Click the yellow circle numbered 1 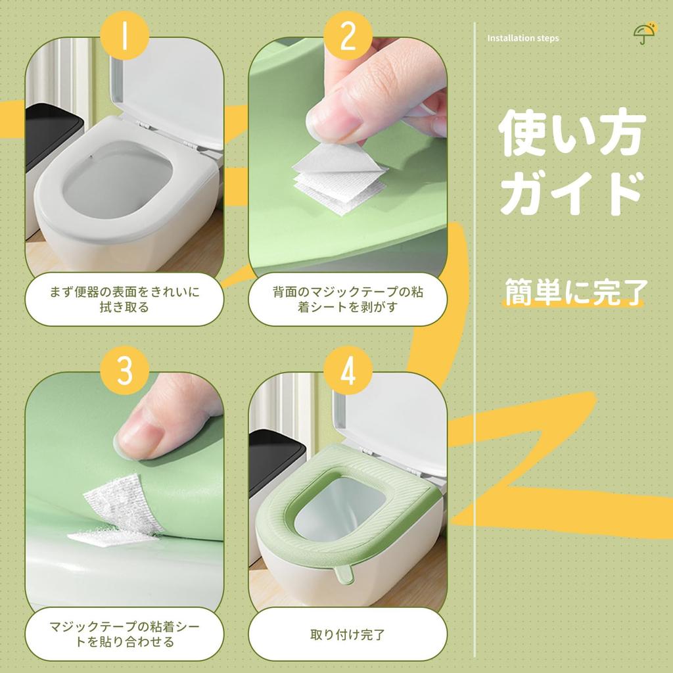[124, 35]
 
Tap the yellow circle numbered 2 [348, 35]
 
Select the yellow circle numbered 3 [124, 371]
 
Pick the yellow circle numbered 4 [348, 371]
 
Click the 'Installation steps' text [522, 38]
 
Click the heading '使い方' [572, 133]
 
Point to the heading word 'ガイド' [572, 193]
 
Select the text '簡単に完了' [575, 292]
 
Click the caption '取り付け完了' [348, 634]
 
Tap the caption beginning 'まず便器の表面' [124, 300]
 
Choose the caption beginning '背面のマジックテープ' [348, 300]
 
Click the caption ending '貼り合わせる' [124, 634]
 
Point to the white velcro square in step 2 [340, 180]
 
